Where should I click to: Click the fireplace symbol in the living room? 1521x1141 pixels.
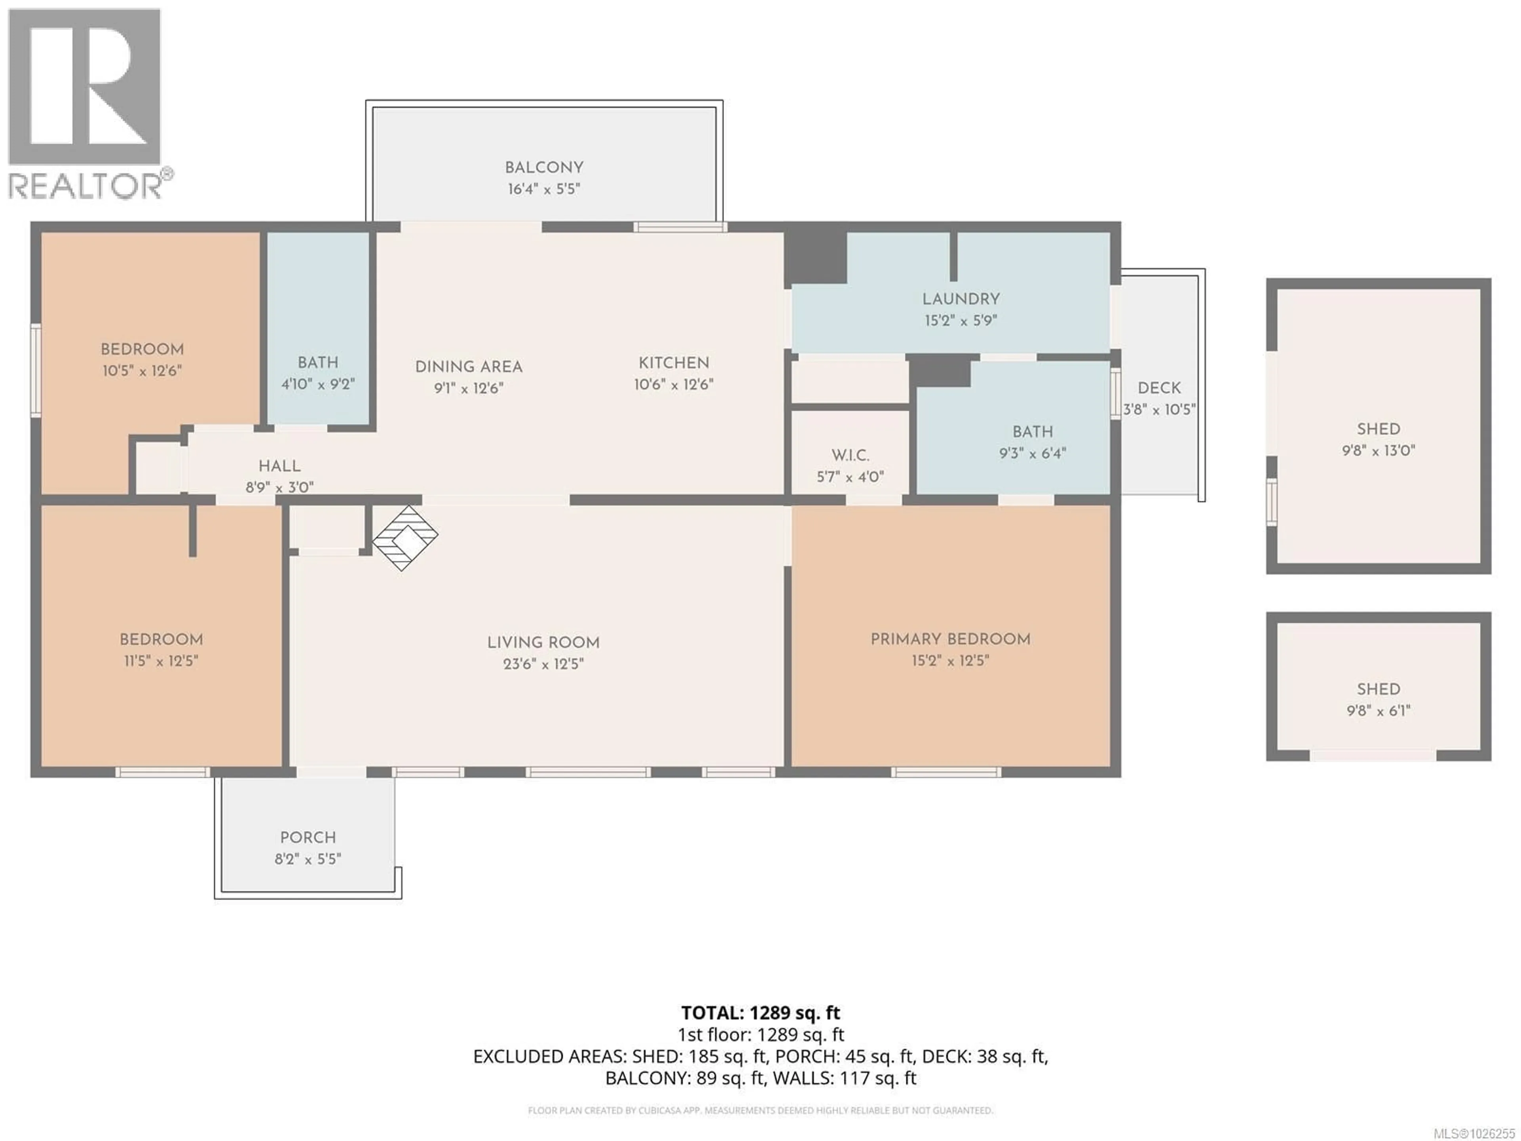point(405,538)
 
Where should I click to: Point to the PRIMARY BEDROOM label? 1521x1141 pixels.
point(950,639)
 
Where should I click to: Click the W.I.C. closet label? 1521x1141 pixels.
point(850,455)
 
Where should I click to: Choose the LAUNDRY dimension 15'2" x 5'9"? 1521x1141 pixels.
point(961,321)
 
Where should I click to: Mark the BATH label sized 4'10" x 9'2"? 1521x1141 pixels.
point(318,363)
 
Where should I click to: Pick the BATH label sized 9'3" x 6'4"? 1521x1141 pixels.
point(1032,432)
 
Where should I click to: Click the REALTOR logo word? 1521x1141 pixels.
point(86,186)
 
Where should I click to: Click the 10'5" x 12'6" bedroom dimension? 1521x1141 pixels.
point(142,371)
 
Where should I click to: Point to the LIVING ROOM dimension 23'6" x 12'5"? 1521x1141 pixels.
point(543,664)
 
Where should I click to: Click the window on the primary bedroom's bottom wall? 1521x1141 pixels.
point(946,773)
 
